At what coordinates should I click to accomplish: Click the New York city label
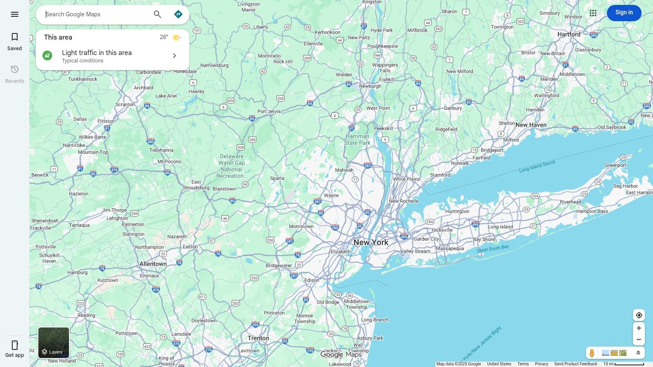371,242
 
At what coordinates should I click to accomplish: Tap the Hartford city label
569,34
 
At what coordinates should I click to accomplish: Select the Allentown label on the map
153,264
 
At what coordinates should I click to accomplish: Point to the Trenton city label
258,338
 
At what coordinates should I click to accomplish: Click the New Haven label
531,125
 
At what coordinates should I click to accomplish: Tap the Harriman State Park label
357,139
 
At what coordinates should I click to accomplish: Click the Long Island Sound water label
537,166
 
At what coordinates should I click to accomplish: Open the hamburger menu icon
15,14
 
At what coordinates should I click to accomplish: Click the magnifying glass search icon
158,14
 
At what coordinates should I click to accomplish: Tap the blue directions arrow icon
178,14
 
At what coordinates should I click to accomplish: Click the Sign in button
624,13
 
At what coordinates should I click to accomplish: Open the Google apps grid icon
593,13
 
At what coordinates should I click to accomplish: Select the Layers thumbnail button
53,343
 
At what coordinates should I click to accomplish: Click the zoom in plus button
639,328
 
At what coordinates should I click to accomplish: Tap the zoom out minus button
639,340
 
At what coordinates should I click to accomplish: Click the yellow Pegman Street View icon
592,353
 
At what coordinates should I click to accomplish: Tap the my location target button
639,315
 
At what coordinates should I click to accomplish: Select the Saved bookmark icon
15,37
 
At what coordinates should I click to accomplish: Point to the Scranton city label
125,104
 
